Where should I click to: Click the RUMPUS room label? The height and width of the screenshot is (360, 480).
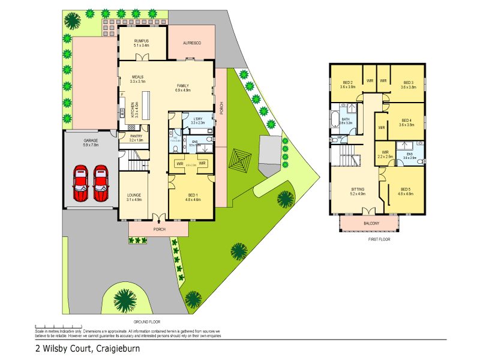click(x=142, y=40)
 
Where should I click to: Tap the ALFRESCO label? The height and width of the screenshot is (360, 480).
click(x=191, y=43)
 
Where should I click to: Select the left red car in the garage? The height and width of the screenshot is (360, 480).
click(x=82, y=184)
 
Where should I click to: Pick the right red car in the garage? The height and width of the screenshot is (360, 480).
click(x=101, y=184)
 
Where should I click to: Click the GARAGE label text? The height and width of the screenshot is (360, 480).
click(x=91, y=141)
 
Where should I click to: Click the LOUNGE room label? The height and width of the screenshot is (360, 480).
click(x=134, y=195)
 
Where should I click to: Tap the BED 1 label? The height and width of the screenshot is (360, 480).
click(x=193, y=195)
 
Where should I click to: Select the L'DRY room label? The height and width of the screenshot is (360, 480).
click(x=199, y=118)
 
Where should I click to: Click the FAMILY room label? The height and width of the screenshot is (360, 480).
click(x=182, y=86)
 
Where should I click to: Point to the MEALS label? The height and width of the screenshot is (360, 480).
click(x=139, y=77)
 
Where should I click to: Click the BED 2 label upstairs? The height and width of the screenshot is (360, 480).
click(x=347, y=83)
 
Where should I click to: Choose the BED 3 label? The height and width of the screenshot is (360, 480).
click(x=408, y=83)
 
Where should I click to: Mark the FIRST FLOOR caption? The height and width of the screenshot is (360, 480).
click(x=379, y=239)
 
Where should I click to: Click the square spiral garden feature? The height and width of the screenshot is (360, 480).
click(x=241, y=160)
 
